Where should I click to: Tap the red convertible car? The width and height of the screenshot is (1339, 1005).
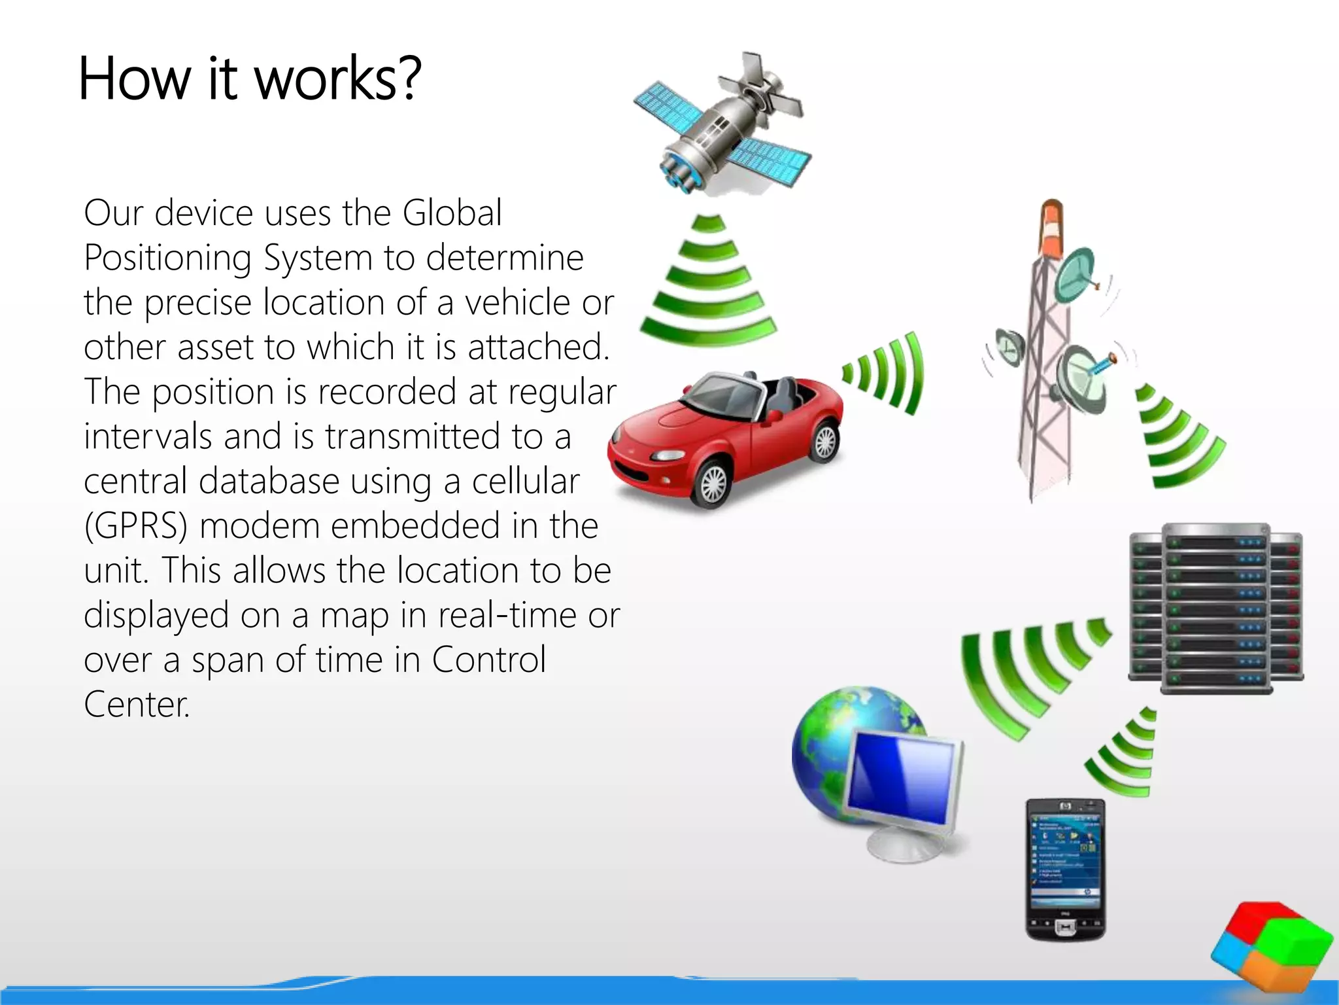[726, 438]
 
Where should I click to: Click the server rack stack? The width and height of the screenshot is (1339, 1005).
[1216, 608]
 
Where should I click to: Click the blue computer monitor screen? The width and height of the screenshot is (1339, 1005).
[902, 779]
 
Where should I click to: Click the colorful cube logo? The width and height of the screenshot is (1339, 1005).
[1272, 949]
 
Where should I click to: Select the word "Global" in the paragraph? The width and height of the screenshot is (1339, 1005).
[452, 213]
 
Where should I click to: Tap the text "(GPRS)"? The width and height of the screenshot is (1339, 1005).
[135, 526]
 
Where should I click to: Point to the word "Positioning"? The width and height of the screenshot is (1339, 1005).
[167, 258]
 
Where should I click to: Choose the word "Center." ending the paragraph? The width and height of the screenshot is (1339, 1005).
[137, 705]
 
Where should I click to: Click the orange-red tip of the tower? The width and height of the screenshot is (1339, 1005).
[1051, 226]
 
